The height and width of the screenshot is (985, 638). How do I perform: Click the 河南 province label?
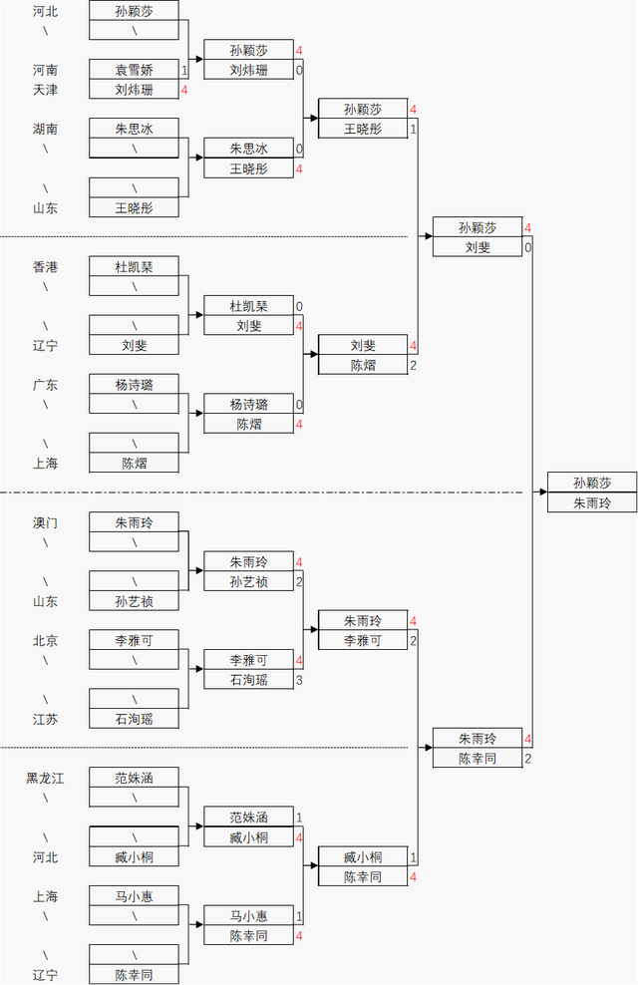45,70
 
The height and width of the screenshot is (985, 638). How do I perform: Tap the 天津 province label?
45,90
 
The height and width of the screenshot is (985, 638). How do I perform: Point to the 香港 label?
45,267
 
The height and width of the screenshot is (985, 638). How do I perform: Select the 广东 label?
45,385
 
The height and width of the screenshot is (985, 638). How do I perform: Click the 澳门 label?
45,522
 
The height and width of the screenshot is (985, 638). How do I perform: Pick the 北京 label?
45,640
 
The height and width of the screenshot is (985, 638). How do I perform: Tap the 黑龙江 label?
45,778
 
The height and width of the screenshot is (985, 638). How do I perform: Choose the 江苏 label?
45,719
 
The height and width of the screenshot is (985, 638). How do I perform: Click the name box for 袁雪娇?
134,70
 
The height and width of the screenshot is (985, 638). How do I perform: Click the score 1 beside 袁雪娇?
184,70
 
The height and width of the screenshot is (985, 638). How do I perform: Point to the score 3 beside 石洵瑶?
299,680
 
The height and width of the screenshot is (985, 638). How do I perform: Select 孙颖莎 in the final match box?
592,483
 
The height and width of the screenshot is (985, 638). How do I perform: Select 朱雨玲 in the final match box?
592,503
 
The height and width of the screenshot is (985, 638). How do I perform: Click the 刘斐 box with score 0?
477,247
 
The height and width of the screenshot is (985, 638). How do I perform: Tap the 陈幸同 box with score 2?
477,759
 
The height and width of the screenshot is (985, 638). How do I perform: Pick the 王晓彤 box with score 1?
362,129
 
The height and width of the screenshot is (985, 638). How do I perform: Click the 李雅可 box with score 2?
362,641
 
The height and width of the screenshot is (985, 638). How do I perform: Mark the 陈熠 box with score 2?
362,366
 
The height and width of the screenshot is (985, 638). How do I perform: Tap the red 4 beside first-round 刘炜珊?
184,90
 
